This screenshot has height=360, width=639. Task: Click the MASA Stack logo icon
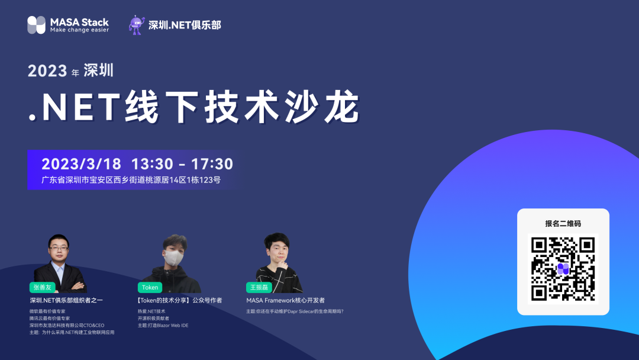coord(36,25)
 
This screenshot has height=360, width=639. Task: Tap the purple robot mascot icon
coord(136,25)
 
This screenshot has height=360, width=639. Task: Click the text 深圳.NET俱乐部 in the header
coord(184,25)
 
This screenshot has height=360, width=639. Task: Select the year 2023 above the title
coord(47,72)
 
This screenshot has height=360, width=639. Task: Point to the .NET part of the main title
coord(75,108)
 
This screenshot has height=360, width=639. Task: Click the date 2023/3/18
coord(81,164)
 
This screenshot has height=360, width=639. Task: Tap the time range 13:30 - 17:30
coord(182,164)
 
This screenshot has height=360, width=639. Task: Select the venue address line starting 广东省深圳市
coord(131,180)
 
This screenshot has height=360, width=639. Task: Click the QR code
coord(563,268)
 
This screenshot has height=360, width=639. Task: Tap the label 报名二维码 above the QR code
coord(563,223)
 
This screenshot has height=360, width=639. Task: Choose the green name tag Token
coord(150,287)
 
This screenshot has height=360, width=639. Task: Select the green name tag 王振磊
coord(259,287)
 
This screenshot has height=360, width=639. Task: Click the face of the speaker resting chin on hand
coord(278,251)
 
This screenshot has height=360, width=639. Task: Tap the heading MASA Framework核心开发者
coord(285,301)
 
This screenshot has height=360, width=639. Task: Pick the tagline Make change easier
coord(79,30)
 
